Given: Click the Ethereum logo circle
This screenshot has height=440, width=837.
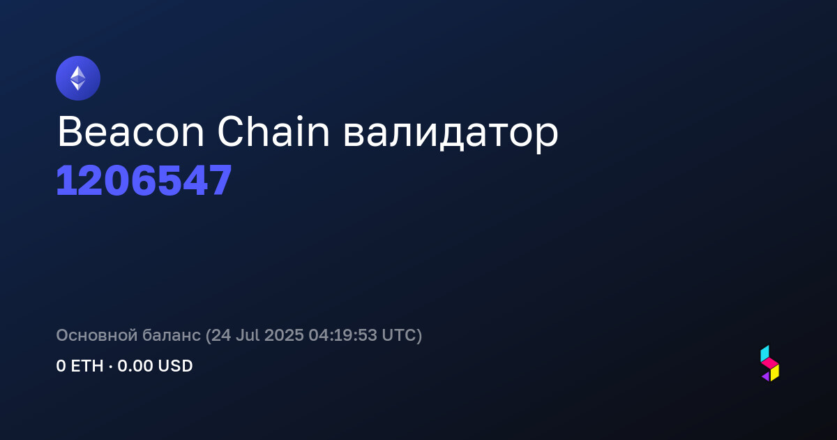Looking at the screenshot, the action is coord(78,78).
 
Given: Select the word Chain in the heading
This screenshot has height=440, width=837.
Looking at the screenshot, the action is coord(273,131).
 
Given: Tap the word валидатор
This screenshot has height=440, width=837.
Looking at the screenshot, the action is coord(451,135).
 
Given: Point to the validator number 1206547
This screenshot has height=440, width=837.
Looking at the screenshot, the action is coord(144,181).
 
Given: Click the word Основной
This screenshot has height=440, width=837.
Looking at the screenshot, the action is coord(97,335).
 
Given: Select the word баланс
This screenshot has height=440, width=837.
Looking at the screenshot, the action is coord(172,335).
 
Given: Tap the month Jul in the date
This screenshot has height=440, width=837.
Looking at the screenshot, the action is coord(248,335).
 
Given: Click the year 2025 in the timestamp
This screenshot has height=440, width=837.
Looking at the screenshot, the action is coord(284,335).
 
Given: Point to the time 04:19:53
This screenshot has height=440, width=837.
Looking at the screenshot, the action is coord(342,335).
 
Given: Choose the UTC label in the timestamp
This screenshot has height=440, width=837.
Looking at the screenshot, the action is coord(399,335).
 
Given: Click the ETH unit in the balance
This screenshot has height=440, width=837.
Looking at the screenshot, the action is coord(87,366).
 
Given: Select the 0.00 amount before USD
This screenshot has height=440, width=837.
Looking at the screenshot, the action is coord(135,366).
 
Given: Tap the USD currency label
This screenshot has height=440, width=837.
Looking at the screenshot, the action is coord(175,366).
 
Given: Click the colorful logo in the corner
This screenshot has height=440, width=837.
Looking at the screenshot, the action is coord(770,363).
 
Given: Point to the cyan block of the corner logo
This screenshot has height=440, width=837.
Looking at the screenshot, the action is coord(765,353).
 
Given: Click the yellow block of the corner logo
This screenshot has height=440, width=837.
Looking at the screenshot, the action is coord(775,373).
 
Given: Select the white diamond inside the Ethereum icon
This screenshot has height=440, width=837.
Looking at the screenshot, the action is coord(78,78).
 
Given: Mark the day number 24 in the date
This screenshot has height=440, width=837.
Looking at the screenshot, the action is coord(221,335).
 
